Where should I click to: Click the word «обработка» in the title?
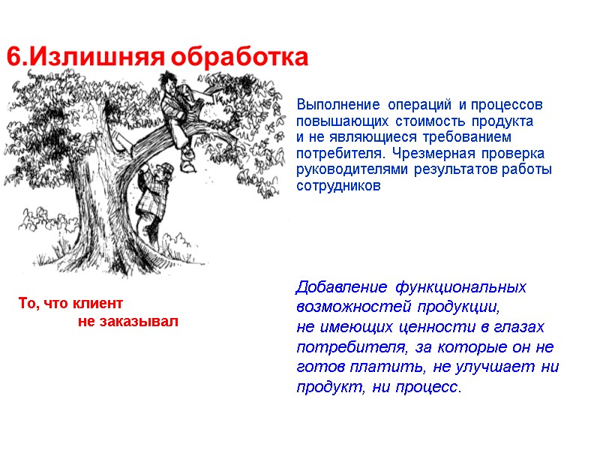click(239, 57)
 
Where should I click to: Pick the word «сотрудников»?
click(339, 186)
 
